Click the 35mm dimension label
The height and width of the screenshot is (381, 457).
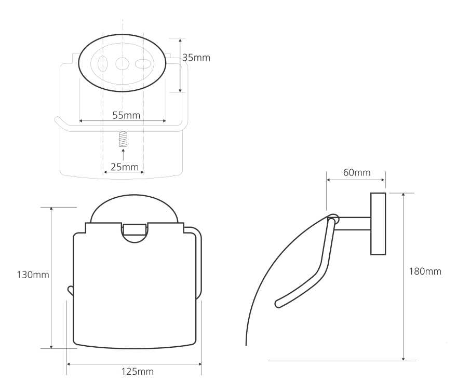[196, 58]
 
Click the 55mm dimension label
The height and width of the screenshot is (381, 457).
[126, 115]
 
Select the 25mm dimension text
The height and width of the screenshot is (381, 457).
[124, 167]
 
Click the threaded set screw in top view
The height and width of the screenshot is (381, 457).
[123, 139]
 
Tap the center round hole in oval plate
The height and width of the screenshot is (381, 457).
[122, 64]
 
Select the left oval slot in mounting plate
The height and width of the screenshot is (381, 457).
[102, 64]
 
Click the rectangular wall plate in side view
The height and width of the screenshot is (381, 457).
[378, 224]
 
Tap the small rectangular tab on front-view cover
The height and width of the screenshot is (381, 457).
[134, 229]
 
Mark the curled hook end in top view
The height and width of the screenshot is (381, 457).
[58, 122]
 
